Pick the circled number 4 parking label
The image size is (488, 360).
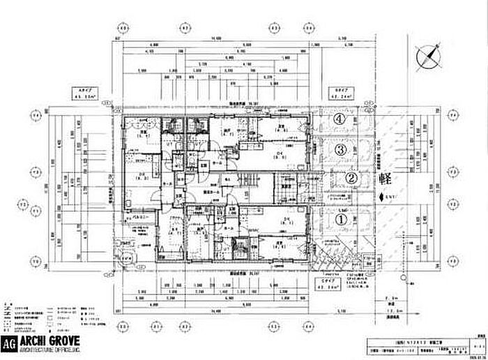[339, 120]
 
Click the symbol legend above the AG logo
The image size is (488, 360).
[56, 315]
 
